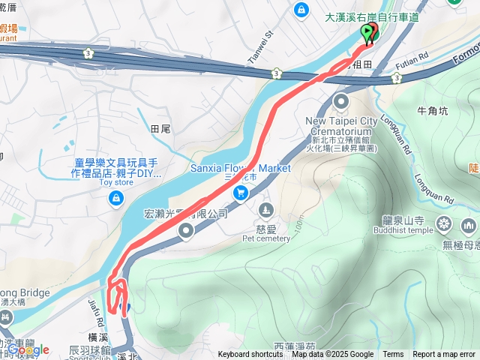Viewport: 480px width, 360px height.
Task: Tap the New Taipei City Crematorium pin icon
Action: coord(341,101)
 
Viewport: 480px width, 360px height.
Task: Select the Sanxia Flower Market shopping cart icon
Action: coord(241,193)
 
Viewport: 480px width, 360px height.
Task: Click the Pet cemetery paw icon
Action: coord(265,209)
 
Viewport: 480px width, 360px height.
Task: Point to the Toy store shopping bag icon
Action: coord(115,198)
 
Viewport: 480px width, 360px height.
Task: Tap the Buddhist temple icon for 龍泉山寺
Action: coord(444,223)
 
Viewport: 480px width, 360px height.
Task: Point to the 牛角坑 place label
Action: coord(432,111)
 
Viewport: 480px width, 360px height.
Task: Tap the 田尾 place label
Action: coord(160,129)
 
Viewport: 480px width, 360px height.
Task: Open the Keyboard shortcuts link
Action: coord(251,355)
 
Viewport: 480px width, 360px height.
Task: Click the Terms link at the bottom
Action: coord(393,355)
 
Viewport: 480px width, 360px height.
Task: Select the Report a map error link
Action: coord(444,355)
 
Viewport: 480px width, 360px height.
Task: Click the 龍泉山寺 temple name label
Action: coord(403,221)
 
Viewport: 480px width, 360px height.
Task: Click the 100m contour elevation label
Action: coord(298,223)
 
